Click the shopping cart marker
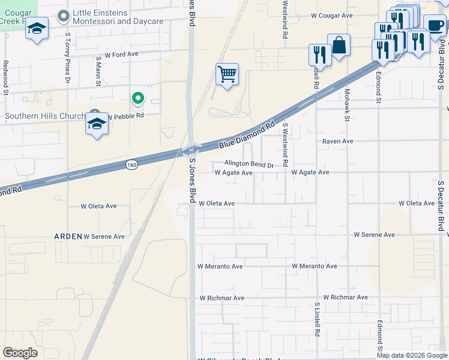click(227, 75)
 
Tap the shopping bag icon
click(339, 45)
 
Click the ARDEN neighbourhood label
click(68, 236)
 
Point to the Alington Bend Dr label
click(249, 164)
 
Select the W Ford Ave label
click(121, 54)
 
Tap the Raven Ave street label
click(338, 141)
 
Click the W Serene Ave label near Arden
click(104, 236)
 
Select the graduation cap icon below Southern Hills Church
click(97, 125)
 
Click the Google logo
click(20, 353)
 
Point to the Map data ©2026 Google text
click(411, 355)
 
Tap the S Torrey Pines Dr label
click(68, 66)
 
